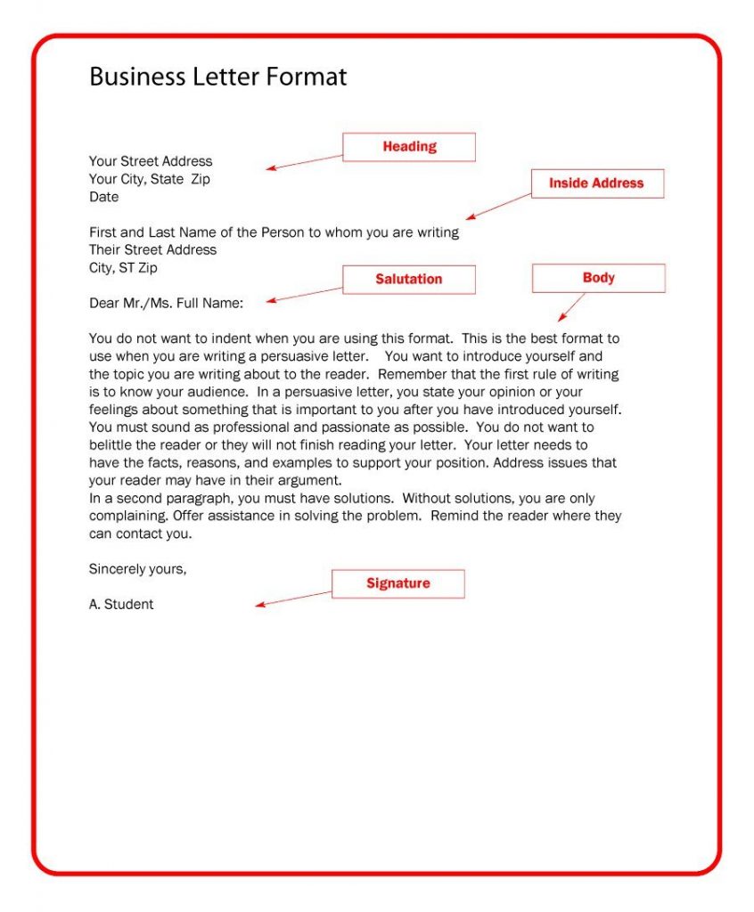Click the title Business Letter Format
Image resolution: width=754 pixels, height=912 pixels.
(217, 77)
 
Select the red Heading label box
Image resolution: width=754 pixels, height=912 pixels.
(409, 147)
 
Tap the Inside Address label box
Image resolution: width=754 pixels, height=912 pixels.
(597, 183)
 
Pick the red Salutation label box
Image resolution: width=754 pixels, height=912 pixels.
(409, 280)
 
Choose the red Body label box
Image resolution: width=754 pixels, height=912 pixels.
(598, 278)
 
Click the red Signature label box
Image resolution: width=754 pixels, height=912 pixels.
(398, 584)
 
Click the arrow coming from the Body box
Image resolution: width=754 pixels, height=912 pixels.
(572, 307)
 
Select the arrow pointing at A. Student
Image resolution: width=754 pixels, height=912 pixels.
(294, 598)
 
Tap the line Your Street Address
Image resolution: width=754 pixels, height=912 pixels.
(151, 161)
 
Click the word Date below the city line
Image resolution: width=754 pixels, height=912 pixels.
(103, 197)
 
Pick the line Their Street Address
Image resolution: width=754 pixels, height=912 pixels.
(152, 250)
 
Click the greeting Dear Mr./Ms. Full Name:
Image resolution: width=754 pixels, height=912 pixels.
(166, 304)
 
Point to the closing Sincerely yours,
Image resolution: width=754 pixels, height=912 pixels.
(137, 569)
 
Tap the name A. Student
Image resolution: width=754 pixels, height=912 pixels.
(121, 605)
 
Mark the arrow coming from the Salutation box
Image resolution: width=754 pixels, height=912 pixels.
(305, 295)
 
